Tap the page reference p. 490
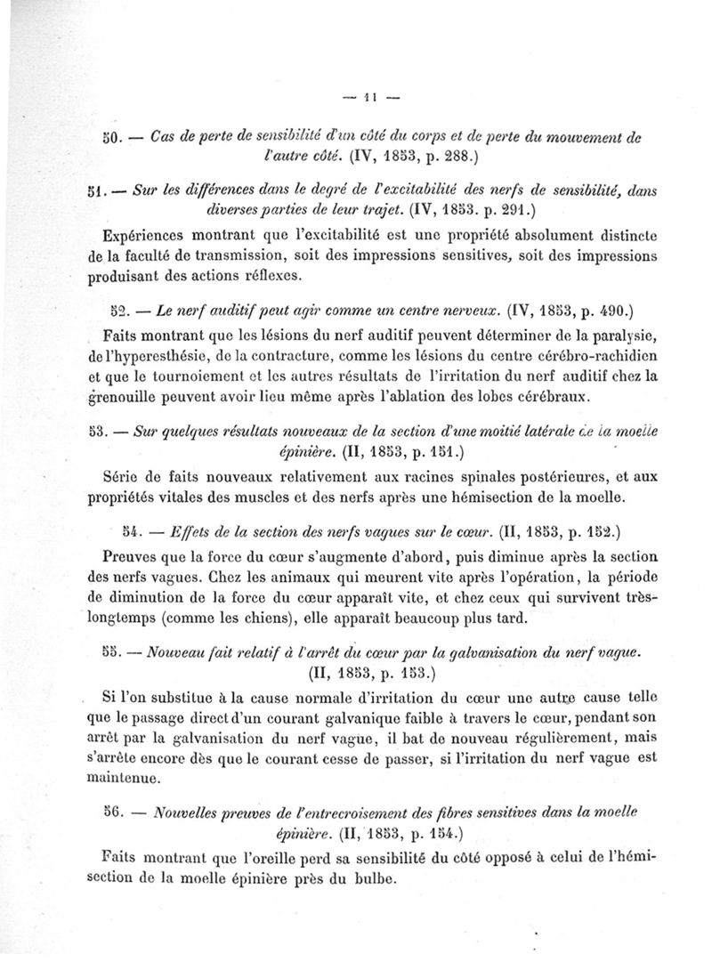coord(603,312)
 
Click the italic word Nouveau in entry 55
coord(181,652)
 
